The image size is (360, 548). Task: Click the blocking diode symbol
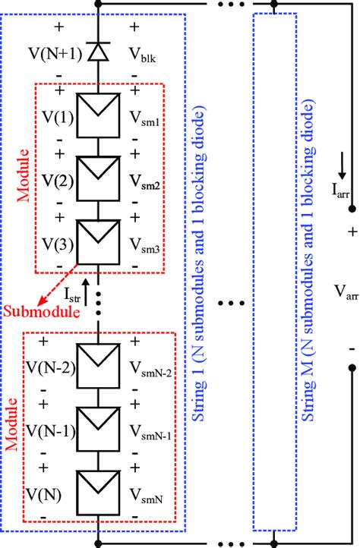97,52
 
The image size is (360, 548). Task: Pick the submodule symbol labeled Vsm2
98,176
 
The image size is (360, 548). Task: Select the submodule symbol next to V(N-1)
98,430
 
